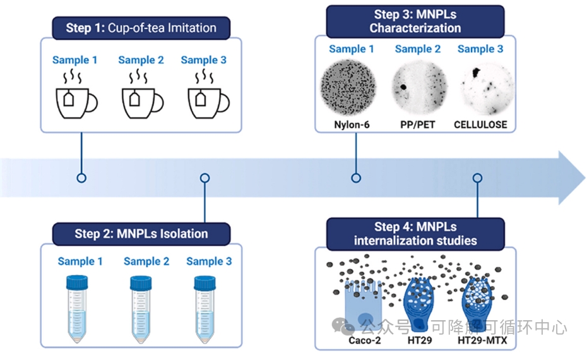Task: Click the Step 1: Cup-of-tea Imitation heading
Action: (141, 28)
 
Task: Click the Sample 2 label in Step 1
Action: (141, 60)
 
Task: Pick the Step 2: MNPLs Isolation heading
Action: (141, 234)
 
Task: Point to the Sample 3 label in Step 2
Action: (209, 261)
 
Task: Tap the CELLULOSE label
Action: (480, 124)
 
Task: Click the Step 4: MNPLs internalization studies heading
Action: (415, 233)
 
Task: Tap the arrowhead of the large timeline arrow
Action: (571, 178)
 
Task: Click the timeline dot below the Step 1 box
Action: (81, 178)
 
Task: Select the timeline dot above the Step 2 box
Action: (204, 178)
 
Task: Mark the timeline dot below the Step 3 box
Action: (356, 178)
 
